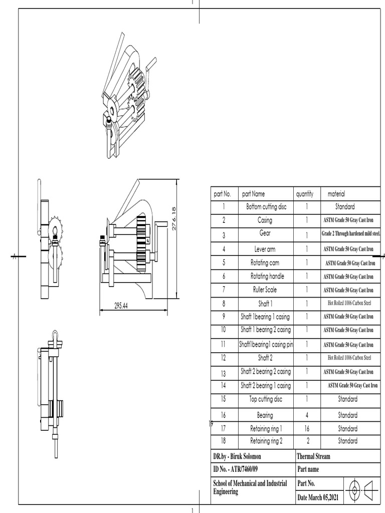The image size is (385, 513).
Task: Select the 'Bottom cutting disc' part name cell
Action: click(x=266, y=206)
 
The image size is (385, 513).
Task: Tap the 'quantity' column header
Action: click(x=304, y=194)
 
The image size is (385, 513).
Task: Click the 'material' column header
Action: click(x=336, y=194)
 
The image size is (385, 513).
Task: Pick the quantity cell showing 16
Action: click(x=307, y=429)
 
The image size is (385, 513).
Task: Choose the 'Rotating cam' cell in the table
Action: click(x=265, y=263)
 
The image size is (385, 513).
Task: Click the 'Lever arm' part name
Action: click(x=265, y=249)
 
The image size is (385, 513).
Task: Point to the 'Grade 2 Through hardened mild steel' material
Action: click(x=350, y=234)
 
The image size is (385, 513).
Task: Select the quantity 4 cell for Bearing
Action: click(x=307, y=415)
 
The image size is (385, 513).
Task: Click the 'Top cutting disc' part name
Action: click(x=266, y=399)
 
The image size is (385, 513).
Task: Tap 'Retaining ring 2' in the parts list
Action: click(x=266, y=441)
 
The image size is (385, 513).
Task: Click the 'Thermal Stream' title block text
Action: click(x=313, y=456)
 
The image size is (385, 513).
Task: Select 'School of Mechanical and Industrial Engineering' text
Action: click(x=250, y=487)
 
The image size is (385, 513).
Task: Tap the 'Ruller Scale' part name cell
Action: click(x=265, y=290)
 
